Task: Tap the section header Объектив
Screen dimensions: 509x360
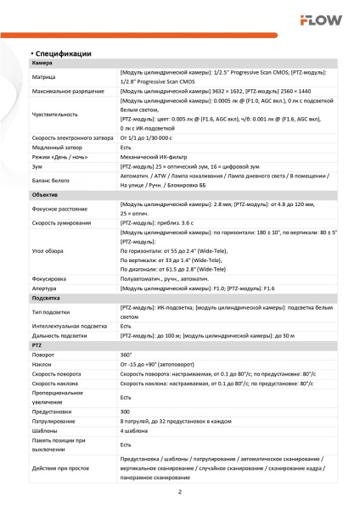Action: [46, 194]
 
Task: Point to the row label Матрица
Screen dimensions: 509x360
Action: [45, 77]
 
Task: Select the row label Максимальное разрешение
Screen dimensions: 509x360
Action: [69, 91]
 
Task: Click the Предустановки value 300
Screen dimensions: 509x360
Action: [126, 411]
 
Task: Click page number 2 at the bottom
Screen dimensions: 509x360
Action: [180, 492]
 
